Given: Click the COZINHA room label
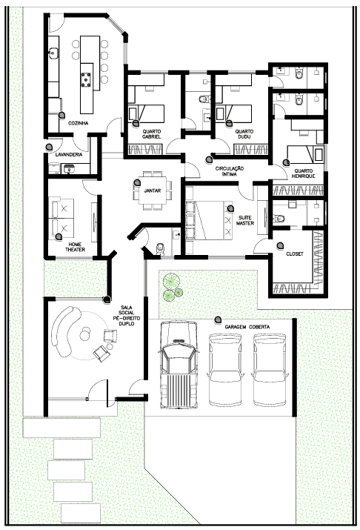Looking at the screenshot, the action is pyautogui.click(x=79, y=123).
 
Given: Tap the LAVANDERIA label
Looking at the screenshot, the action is pyautogui.click(x=69, y=155).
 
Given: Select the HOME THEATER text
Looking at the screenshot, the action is pyautogui.click(x=75, y=247).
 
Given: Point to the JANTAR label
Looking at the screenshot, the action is pyautogui.click(x=153, y=191).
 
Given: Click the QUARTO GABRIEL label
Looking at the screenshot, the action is pyautogui.click(x=152, y=134).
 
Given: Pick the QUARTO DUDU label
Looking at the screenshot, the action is pyautogui.click(x=244, y=134).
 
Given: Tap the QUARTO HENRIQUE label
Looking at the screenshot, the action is pyautogui.click(x=303, y=173).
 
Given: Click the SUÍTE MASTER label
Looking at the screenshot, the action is pyautogui.click(x=245, y=220).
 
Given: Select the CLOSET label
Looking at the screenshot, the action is pyautogui.click(x=295, y=254).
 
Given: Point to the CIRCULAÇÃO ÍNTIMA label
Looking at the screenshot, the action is pyautogui.click(x=230, y=171).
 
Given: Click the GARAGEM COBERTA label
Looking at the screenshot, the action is pyautogui.click(x=247, y=327).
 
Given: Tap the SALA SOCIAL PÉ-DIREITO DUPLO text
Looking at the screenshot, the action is pyautogui.click(x=127, y=316).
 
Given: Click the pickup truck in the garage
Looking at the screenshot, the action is pyautogui.click(x=179, y=365).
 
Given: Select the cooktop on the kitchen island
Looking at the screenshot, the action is pyautogui.click(x=86, y=79).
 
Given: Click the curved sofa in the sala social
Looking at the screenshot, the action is pyautogui.click(x=65, y=331).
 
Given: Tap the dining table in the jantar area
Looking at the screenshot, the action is pyautogui.click(x=153, y=191).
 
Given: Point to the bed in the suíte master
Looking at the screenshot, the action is pyautogui.click(x=210, y=220).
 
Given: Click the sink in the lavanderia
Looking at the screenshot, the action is pyautogui.click(x=69, y=168).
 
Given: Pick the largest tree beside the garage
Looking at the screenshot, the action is pyautogui.click(x=170, y=280).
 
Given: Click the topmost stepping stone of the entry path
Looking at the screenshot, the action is pyautogui.click(x=61, y=428).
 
